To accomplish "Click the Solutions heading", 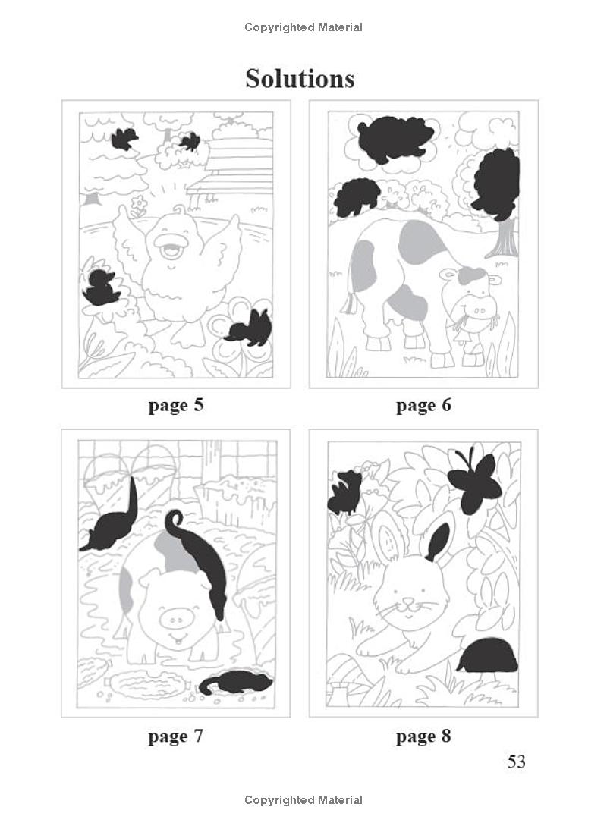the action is pos(300,79).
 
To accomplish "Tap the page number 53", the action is pos(517,762).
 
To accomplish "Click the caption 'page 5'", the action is pos(175,405).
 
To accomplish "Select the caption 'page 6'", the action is pos(423,405).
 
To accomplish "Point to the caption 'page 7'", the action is pos(175,736).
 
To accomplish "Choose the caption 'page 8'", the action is pos(423,736).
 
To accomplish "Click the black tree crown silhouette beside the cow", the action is pos(495,184).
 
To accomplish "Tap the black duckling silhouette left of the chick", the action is pos(100,287).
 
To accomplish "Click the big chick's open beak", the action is pos(169,247).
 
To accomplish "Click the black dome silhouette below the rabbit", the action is pos(487,655).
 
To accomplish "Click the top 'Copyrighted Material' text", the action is pos(303,27).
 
